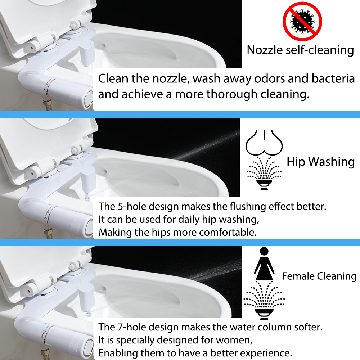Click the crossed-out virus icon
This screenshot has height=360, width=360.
point(302,21)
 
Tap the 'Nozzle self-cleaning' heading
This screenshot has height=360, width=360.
point(300,50)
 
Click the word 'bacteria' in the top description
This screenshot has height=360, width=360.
point(333,79)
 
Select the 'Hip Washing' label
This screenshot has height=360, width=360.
point(320,162)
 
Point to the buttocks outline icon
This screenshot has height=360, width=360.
point(264,143)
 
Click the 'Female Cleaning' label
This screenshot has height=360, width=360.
point(319,276)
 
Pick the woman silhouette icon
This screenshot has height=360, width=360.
point(264,264)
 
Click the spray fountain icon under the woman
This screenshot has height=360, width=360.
point(264,301)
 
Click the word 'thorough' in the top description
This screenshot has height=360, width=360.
point(231,94)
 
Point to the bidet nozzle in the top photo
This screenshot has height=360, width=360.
point(87,55)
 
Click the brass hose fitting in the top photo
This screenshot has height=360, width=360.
point(48,104)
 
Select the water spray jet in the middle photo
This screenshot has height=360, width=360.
point(206,145)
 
